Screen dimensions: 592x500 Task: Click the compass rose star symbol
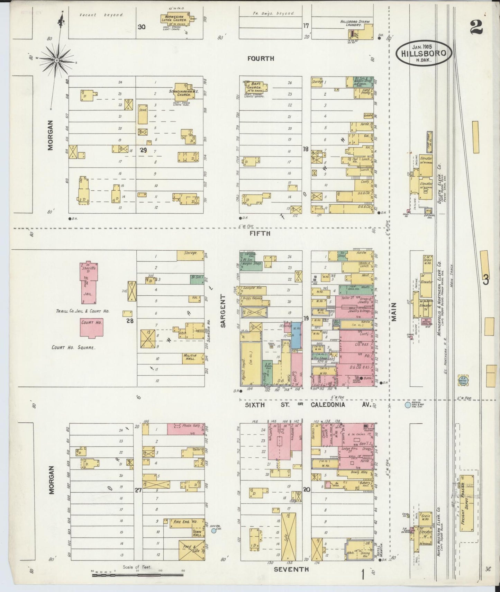click(56, 60)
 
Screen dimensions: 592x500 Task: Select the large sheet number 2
click(476, 27)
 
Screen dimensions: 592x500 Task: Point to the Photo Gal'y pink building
click(186, 429)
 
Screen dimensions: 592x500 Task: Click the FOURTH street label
click(261, 59)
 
